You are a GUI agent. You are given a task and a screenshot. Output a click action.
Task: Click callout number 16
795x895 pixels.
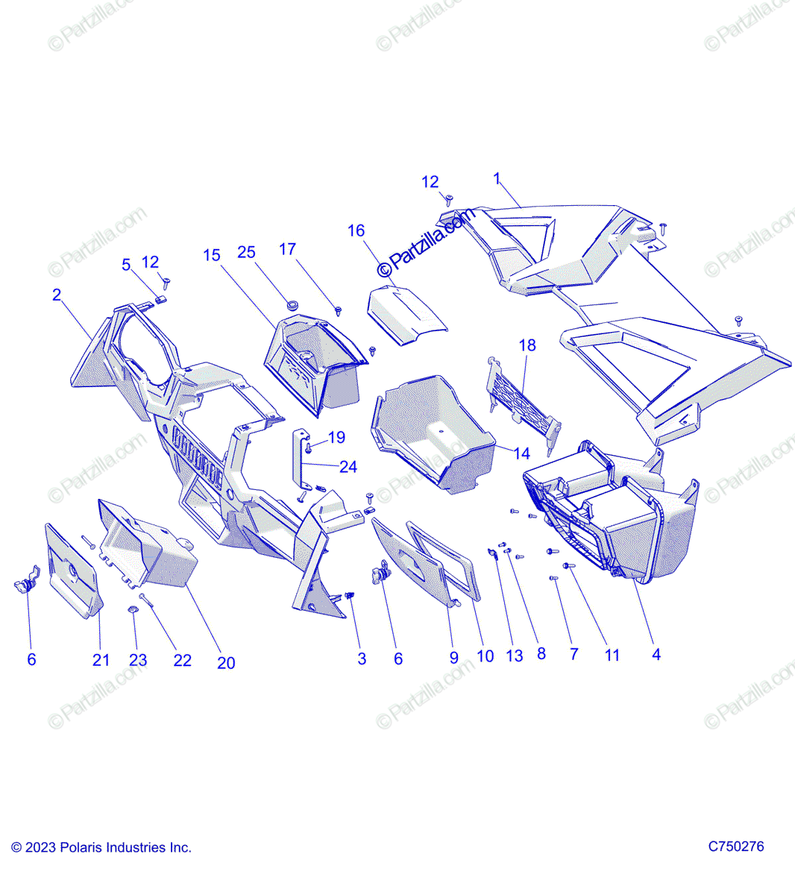(356, 230)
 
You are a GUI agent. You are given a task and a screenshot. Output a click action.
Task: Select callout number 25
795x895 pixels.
(246, 253)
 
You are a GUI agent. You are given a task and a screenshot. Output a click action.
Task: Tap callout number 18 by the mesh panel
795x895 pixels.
(527, 345)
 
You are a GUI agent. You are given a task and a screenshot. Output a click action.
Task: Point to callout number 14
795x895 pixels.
(521, 453)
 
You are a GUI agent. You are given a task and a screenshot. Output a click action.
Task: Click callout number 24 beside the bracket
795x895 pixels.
(348, 467)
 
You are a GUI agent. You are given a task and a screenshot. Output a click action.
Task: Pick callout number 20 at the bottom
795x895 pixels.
(225, 662)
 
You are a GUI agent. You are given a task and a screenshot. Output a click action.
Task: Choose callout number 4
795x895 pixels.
(656, 654)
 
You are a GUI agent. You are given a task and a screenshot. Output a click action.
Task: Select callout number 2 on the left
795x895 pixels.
(57, 295)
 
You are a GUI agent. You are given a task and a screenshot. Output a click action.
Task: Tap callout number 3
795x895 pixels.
(362, 659)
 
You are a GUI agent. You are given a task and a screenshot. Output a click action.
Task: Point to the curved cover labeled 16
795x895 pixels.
(406, 314)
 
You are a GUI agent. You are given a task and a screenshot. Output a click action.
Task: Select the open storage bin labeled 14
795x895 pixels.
(433, 433)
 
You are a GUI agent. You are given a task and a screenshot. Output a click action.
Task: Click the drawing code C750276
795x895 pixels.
(735, 847)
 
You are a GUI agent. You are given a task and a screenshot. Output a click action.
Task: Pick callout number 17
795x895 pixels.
(288, 249)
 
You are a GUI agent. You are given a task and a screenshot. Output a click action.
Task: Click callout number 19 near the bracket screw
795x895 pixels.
(336, 437)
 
